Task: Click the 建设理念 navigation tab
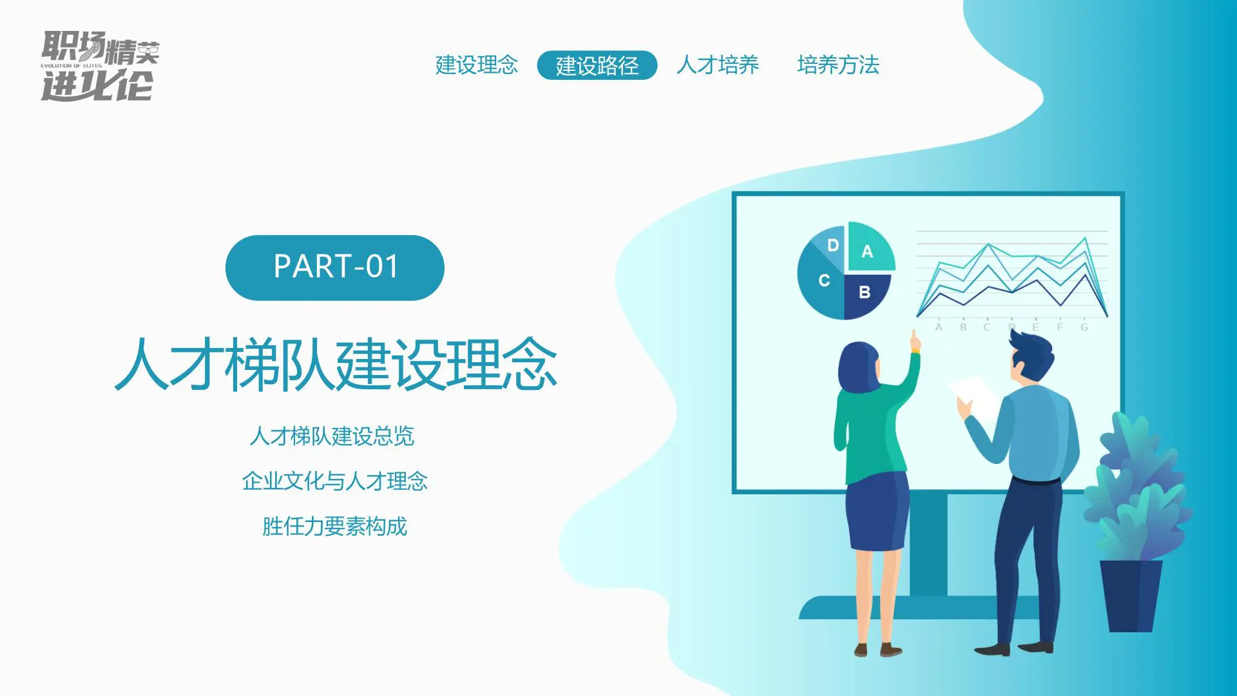(477, 65)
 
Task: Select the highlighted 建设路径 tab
(597, 65)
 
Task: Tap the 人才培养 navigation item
(718, 65)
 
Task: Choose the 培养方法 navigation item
(838, 65)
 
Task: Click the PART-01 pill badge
(335, 267)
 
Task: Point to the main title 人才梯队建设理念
(336, 365)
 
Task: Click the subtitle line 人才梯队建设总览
(332, 436)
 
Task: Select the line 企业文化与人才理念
(334, 481)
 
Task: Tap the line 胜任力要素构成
(334, 527)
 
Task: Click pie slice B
(865, 294)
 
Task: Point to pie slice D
(831, 245)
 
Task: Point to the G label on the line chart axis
(1084, 327)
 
